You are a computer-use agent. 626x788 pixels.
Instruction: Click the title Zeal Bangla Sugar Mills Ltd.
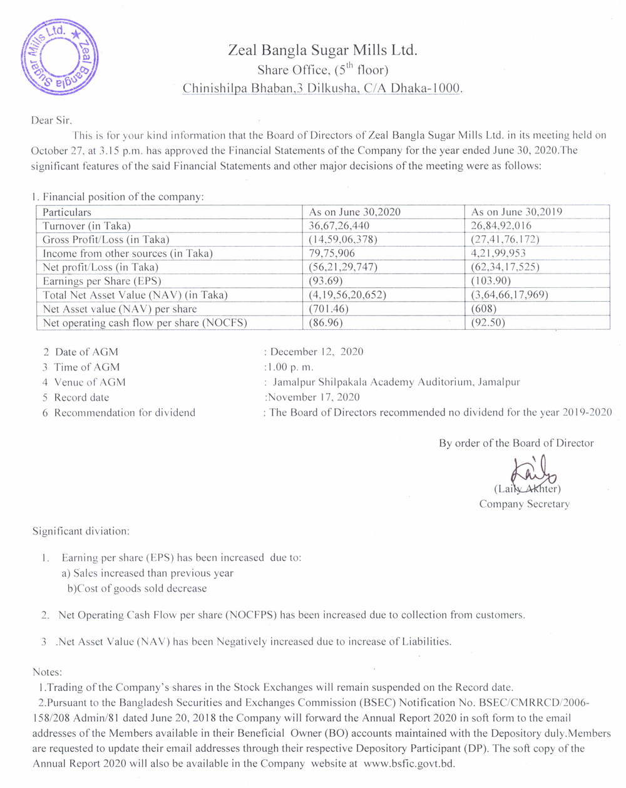click(322, 50)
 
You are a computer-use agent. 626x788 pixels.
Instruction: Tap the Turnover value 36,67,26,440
click(339, 226)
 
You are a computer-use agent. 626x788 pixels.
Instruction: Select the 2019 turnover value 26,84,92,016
click(501, 226)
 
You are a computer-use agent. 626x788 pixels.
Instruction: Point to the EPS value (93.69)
click(326, 281)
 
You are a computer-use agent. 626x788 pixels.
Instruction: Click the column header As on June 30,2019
click(516, 212)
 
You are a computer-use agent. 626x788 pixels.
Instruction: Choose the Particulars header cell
click(67, 212)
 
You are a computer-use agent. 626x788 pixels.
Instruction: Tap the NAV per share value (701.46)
click(329, 309)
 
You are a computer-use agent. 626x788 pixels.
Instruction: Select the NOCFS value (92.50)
click(488, 323)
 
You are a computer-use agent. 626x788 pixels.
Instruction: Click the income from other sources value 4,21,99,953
click(498, 253)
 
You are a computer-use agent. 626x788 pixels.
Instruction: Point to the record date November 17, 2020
click(314, 397)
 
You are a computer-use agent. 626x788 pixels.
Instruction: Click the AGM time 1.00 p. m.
click(290, 367)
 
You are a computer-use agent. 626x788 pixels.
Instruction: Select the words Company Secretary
click(525, 504)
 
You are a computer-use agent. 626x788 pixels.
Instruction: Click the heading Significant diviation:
click(81, 531)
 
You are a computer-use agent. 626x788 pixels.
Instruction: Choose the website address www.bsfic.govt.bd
click(409, 764)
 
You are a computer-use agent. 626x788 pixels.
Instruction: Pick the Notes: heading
click(47, 672)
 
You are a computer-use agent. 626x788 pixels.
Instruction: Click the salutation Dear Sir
click(51, 120)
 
